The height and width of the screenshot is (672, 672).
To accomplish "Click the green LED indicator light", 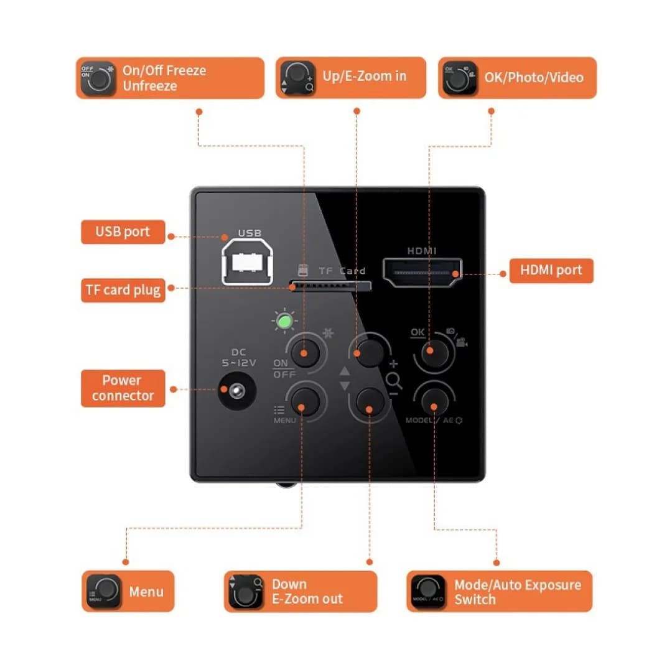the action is (x=284, y=321).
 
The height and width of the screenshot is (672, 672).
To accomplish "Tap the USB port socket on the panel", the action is (x=247, y=262).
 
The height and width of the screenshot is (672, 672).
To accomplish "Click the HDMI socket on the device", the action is (x=422, y=272).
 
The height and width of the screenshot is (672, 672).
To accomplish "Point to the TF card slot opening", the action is (x=330, y=286).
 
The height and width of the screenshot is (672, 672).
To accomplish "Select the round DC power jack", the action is (x=237, y=391).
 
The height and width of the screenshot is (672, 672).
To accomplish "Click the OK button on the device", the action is (x=434, y=352).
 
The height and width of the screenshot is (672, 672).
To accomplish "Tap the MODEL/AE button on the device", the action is (x=434, y=401).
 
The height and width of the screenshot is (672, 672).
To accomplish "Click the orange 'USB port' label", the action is (x=123, y=232).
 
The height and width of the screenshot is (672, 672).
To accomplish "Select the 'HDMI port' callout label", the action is (x=551, y=271).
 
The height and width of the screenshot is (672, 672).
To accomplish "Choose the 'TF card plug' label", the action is (x=123, y=290).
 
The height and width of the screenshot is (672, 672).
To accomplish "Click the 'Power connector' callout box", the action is (x=123, y=388).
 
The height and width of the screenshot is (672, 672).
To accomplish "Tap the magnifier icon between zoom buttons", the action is (x=393, y=381).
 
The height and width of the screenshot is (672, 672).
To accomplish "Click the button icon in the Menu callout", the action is (x=103, y=592).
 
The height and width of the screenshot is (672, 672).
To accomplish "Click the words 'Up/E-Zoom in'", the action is (x=364, y=77).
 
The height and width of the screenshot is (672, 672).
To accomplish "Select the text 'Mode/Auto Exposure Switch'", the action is (x=518, y=592).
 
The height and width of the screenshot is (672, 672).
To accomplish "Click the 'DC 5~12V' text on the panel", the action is (x=239, y=357).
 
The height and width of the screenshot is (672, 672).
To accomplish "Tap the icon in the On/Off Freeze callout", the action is (x=98, y=78).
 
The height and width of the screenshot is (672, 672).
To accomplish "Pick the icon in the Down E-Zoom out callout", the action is (x=246, y=592).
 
